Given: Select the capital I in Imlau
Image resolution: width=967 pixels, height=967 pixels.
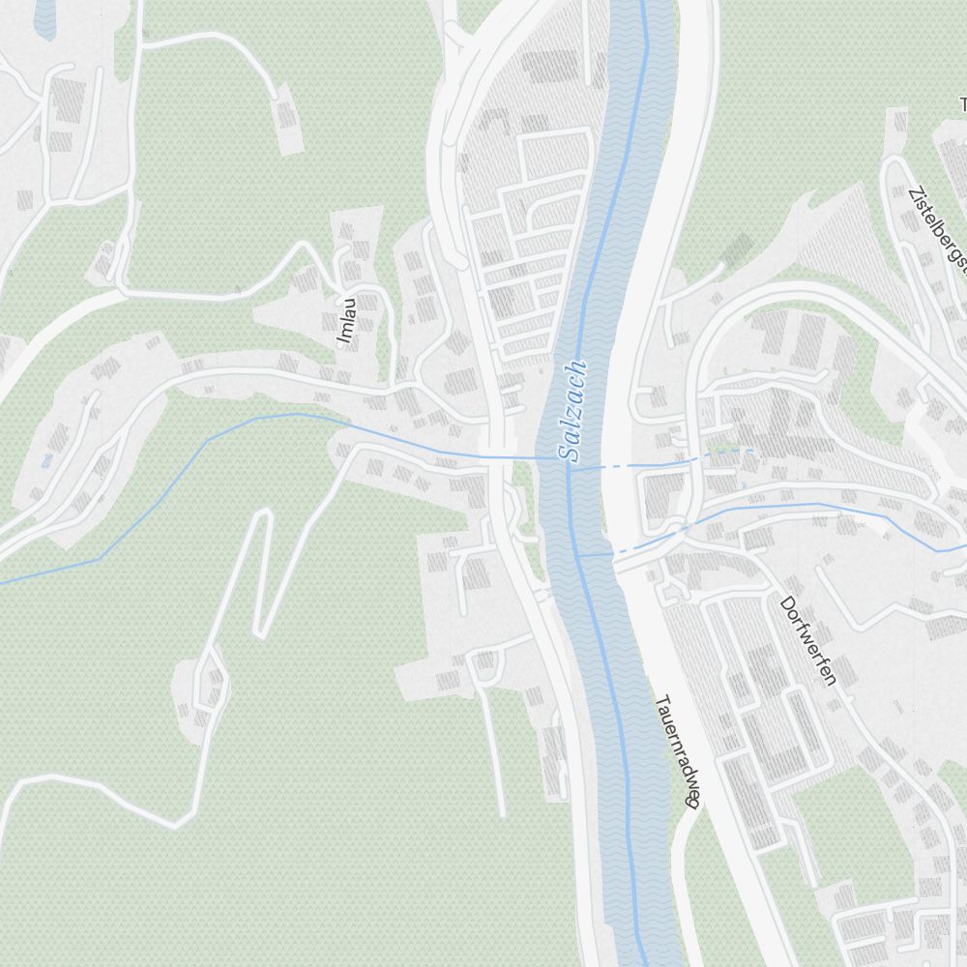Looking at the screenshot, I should (344, 340).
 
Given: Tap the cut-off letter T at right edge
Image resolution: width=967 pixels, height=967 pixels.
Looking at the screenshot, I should (963, 103).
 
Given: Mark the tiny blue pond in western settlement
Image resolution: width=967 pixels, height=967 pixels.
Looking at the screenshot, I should (45, 460).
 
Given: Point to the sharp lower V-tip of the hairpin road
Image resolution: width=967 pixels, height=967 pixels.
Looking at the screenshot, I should (259, 633).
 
